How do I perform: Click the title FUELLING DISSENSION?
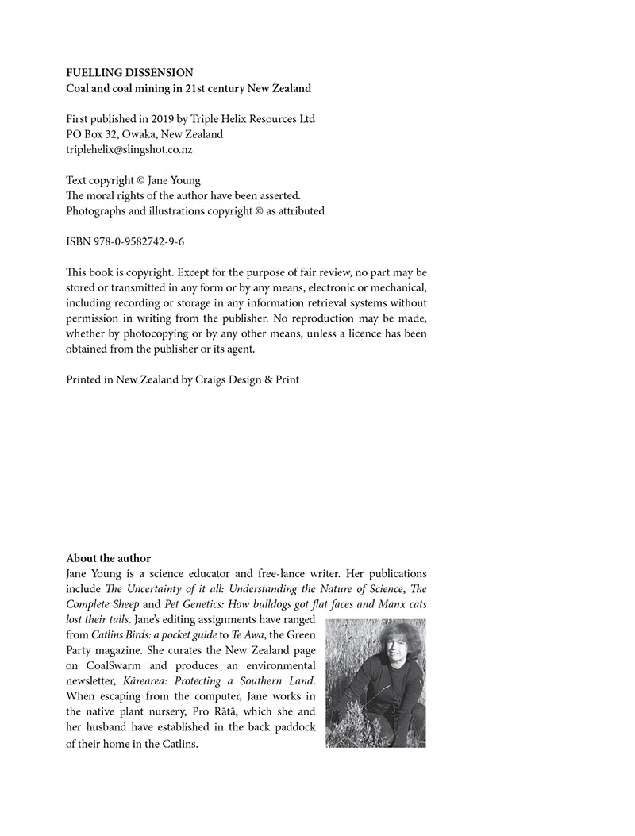point(129,73)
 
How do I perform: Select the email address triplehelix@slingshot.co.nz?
point(129,149)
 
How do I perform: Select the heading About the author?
point(108,558)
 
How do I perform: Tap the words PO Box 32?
point(90,134)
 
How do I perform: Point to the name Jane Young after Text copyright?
point(175,181)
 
